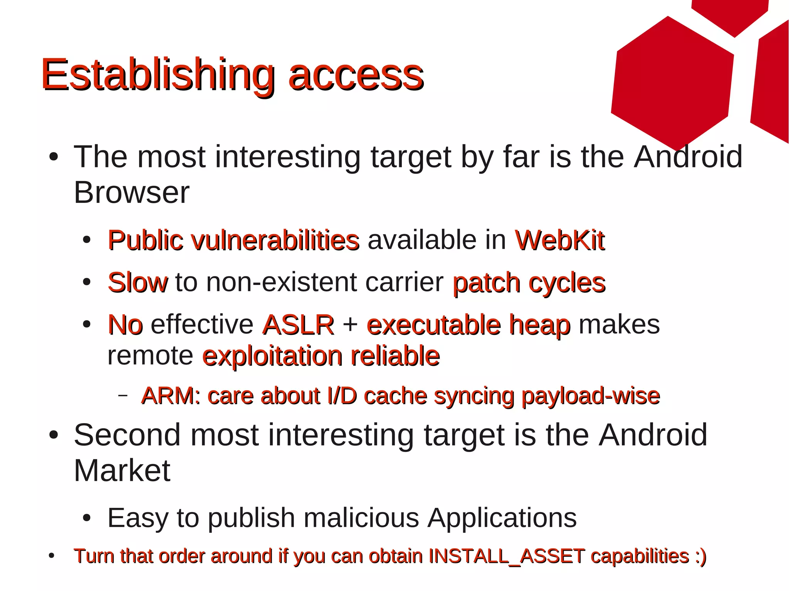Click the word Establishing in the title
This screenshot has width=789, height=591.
coord(158,75)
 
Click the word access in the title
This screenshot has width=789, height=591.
coord(356,75)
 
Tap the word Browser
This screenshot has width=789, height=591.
coord(131,193)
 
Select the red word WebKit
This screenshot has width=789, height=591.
coord(560,241)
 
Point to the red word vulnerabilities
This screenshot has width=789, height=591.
coord(275,241)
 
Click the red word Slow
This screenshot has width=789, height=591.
coord(138,283)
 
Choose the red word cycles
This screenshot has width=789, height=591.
coord(567,283)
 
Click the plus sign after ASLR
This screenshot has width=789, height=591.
coord(350,325)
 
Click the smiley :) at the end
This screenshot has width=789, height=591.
coord(701,556)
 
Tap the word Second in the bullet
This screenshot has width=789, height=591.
coord(127,435)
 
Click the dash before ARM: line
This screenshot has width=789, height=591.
coord(123,395)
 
